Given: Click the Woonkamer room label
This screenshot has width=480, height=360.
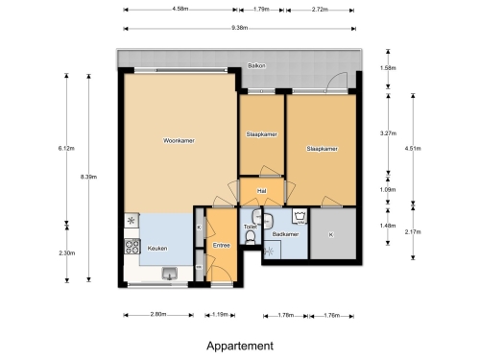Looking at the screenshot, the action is point(179,140).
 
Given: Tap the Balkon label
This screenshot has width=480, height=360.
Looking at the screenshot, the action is point(256,66).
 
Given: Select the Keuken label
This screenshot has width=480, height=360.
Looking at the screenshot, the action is point(157,249).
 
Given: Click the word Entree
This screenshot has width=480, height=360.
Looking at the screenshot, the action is point(222,246).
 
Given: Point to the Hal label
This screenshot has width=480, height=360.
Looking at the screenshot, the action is point(262,191).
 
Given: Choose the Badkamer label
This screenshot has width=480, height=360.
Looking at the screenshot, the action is point(285,234).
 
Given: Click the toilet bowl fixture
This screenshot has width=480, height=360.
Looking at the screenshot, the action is point(250,237).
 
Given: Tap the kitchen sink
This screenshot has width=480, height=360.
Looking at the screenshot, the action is point(170,274).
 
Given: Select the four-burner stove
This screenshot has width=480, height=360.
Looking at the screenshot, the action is point(132,247).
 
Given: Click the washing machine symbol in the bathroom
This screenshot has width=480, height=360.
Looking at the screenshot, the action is point(300,216).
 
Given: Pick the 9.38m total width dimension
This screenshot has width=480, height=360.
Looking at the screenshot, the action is point(240,28).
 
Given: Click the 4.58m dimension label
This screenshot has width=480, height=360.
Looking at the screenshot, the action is point(180,9).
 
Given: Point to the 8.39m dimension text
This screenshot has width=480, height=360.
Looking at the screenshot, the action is point(88,177).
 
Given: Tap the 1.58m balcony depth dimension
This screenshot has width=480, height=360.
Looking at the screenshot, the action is point(388,68).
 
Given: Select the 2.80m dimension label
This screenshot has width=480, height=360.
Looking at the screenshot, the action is point(158,314).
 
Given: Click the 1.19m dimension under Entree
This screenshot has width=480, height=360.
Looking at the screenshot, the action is point(220,314).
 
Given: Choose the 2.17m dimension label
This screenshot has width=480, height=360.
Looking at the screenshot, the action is point(413,232).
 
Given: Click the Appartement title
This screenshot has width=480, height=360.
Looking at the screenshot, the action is point(240,346).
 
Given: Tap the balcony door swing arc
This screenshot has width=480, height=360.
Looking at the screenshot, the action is point(333,77).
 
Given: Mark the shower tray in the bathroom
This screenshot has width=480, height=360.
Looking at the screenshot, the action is point(272,251).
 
